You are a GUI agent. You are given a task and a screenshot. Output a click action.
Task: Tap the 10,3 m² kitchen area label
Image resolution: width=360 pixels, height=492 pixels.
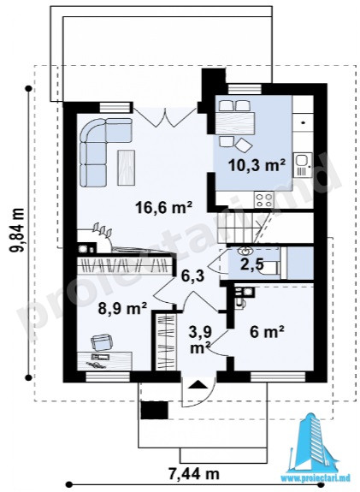pos(257,164)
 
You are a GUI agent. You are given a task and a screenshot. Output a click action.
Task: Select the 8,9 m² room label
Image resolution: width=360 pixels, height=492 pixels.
pos(122,308)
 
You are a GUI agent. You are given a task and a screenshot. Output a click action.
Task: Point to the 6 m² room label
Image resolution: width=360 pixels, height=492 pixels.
pos(267,331)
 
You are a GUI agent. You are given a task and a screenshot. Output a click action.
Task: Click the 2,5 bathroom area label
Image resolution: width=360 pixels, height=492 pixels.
pos(252,265)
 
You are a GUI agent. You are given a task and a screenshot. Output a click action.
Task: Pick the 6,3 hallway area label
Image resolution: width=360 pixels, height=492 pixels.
pos(194,276)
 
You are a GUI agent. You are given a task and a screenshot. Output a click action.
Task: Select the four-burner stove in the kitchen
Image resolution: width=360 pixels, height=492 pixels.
pos(263,199)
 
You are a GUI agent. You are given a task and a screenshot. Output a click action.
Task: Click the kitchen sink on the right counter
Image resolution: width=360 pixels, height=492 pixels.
pos(303,164)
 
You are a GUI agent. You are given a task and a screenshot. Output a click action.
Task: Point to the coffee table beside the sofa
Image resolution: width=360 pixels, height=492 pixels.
pos(127,167)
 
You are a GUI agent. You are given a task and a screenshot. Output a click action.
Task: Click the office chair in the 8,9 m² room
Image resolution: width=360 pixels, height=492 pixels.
pos(101,342)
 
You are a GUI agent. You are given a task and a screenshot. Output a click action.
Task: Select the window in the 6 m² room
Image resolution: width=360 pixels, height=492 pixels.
pos(278,376)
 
